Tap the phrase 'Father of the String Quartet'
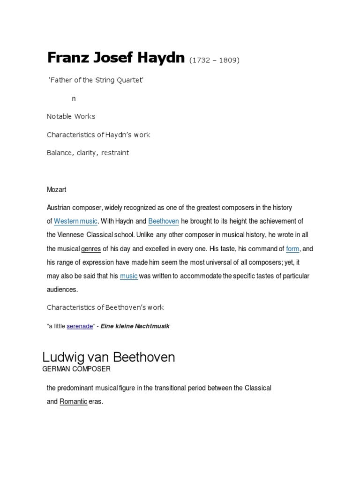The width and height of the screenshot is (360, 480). (96, 81)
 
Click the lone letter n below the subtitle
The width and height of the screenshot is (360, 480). (74, 98)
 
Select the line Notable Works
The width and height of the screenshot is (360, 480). (71, 116)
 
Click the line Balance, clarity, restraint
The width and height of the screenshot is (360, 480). (88, 153)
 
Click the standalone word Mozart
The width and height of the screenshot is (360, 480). (56, 190)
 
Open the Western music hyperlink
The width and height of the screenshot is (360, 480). (76, 221)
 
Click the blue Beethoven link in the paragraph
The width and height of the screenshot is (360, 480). (163, 221)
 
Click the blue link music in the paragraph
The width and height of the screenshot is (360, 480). (129, 276)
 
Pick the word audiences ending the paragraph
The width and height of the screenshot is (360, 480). (62, 290)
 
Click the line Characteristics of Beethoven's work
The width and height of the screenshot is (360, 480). (105, 307)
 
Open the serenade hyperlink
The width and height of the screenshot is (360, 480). (80, 326)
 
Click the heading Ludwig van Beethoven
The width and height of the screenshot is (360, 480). (108, 357)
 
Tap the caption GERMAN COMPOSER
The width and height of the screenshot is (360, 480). (76, 369)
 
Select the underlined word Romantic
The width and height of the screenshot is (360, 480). (73, 402)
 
